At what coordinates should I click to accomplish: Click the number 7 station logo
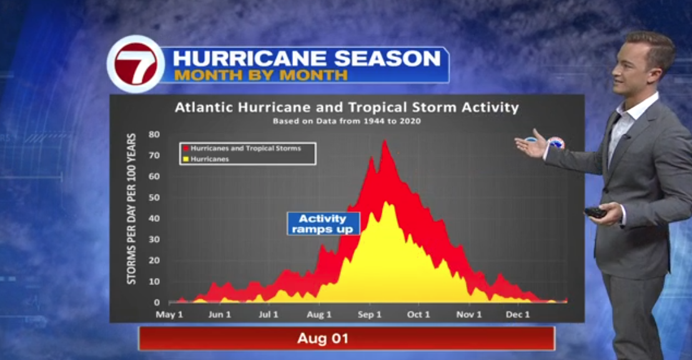pyautogui.click(x=136, y=64)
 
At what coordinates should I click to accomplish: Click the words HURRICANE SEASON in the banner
pyautogui.click(x=307, y=58)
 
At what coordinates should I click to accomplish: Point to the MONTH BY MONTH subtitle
pyautogui.click(x=261, y=75)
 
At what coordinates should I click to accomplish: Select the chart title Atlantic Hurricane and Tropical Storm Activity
pyautogui.click(x=347, y=107)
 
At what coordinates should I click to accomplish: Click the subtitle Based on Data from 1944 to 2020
pyautogui.click(x=347, y=121)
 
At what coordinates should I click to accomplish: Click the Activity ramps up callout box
pyautogui.click(x=323, y=224)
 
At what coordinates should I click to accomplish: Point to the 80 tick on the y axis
pyautogui.click(x=154, y=134)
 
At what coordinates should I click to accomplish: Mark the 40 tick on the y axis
pyautogui.click(x=154, y=218)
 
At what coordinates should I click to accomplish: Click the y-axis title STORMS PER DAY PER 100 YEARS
pyautogui.click(x=132, y=209)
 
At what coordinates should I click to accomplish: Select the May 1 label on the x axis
pyautogui.click(x=169, y=314)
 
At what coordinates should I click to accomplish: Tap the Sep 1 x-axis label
pyautogui.click(x=369, y=314)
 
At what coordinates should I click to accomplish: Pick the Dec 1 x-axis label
pyautogui.click(x=518, y=314)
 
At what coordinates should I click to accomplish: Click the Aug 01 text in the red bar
pyautogui.click(x=323, y=339)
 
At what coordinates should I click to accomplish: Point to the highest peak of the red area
pyautogui.click(x=385, y=141)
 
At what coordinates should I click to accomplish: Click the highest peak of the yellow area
pyautogui.click(x=386, y=202)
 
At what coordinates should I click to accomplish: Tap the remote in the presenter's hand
pyautogui.click(x=596, y=212)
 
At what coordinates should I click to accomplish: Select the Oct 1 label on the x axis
pyautogui.click(x=418, y=314)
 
